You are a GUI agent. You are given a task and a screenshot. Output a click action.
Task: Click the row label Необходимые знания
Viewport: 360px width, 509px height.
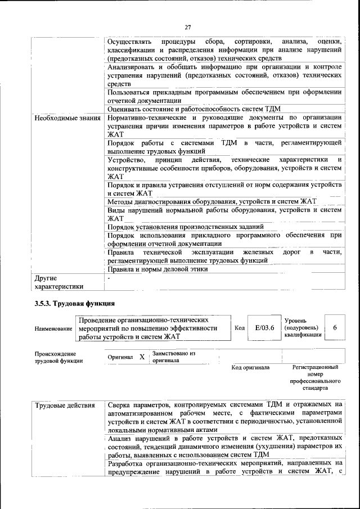tap(67, 118)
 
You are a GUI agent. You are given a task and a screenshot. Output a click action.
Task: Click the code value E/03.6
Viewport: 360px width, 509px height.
tap(264, 328)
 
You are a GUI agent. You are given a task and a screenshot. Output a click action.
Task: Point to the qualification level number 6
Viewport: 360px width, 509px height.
tap(336, 328)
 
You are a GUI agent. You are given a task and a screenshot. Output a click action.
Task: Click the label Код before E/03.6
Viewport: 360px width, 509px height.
tap(239, 328)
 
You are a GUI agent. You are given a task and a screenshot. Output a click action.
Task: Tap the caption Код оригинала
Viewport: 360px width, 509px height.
tap(250, 368)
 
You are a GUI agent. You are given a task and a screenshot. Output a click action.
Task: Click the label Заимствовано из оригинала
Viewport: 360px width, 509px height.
tap(173, 357)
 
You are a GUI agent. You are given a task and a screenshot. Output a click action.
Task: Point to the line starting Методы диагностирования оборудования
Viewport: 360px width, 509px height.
tap(212, 201)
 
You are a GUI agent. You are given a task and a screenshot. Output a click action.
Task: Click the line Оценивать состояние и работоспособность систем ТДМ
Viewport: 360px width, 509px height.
tap(193, 109)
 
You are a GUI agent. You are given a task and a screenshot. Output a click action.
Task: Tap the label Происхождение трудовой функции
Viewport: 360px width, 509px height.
tap(55, 357)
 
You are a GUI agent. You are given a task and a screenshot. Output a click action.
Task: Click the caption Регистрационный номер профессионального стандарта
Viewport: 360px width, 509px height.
tap(315, 377)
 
